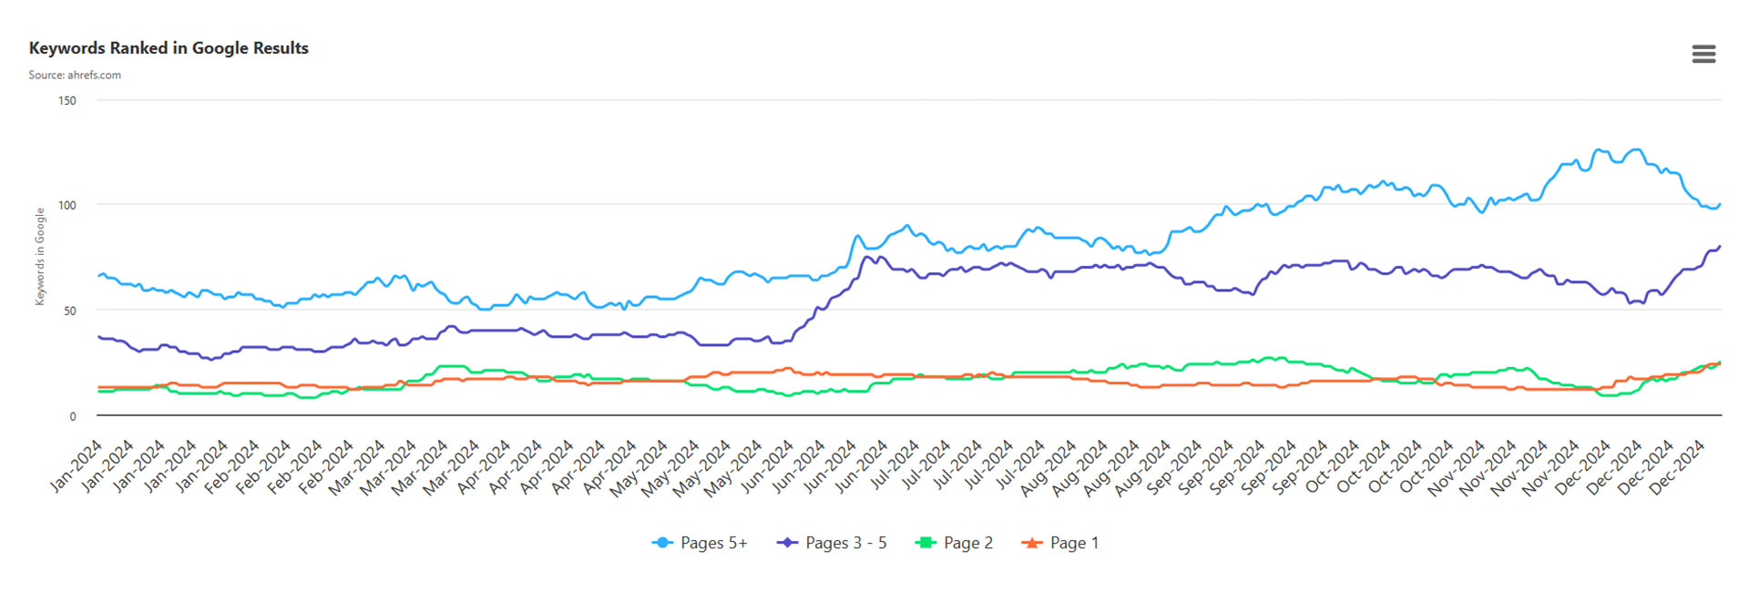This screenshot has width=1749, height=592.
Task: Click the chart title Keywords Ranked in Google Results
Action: point(169,48)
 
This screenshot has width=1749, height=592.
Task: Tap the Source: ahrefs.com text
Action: point(75,75)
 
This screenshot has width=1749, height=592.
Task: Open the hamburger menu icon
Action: point(1703,55)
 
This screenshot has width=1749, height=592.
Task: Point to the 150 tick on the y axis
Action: point(67,100)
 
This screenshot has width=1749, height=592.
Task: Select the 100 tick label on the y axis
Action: point(67,205)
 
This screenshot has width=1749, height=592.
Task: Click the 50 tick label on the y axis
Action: point(70,311)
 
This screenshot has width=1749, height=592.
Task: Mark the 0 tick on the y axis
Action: point(73,416)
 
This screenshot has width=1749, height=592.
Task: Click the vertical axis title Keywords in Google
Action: point(40,256)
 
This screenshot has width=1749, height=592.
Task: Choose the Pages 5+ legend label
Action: point(713,543)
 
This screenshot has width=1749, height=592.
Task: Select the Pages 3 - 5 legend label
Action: point(845,543)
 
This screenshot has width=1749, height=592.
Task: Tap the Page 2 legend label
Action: point(967,543)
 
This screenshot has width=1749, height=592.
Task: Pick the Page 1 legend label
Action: point(1074,543)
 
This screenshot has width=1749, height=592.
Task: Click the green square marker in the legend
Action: point(926,543)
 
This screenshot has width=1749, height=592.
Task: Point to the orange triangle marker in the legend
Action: point(1031,543)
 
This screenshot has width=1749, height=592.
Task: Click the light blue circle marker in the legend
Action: point(662,543)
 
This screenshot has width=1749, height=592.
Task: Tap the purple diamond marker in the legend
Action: point(787,543)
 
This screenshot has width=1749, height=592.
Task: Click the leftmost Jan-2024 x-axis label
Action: point(77,466)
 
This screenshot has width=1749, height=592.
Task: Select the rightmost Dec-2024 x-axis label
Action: point(1677,466)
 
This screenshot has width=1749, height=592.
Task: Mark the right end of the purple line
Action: point(1720,247)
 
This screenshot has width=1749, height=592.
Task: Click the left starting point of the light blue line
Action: point(98,275)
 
